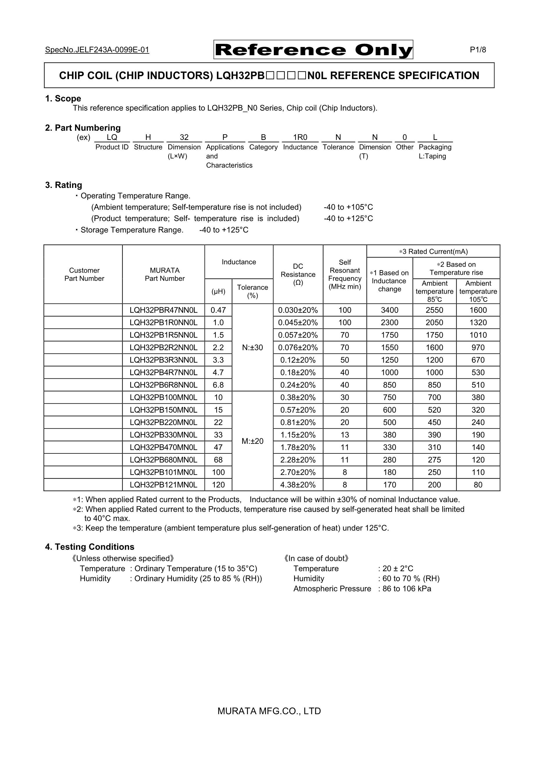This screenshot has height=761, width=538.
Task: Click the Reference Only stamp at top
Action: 313,50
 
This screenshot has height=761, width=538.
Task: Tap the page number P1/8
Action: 478,50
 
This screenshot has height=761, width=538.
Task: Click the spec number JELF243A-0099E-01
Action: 97,50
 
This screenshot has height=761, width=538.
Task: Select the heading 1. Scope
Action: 63,98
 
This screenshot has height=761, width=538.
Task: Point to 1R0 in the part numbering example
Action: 300,137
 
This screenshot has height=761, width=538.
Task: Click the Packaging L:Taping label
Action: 435,151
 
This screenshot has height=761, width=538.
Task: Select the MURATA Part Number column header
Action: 165,274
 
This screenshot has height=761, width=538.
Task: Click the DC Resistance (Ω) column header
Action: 298,274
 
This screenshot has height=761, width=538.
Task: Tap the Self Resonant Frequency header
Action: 345,274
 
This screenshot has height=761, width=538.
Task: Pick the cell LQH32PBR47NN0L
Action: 164,310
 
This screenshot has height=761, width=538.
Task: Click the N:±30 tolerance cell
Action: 252,347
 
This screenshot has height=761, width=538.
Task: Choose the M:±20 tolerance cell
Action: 252,441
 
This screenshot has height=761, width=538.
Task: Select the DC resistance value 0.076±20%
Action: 298,347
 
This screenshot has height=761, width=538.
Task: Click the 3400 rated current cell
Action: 389,310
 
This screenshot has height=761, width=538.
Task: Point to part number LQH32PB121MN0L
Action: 164,485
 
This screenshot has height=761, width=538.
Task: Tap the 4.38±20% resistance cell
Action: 298,485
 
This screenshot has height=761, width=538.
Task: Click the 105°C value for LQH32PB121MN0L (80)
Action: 478,485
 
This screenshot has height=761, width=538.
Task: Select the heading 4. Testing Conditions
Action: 90,547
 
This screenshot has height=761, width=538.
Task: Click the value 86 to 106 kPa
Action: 407,589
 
